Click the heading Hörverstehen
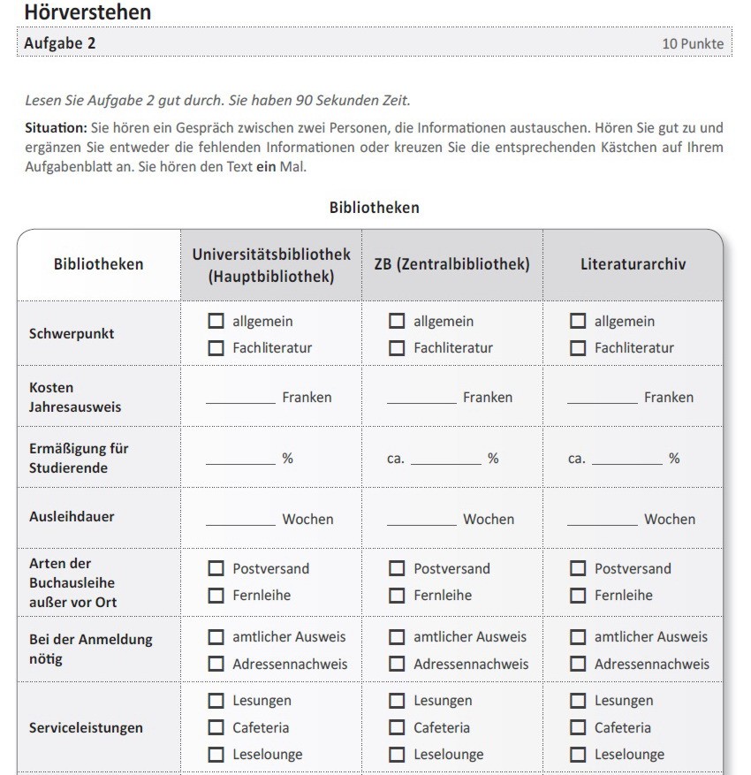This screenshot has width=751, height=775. [87, 12]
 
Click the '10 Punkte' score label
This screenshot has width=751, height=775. [693, 43]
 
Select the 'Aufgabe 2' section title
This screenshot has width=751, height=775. [60, 43]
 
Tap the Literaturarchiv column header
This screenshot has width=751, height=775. [633, 264]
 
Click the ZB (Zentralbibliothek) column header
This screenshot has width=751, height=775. [451, 264]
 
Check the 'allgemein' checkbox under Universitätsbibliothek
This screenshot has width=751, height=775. [216, 322]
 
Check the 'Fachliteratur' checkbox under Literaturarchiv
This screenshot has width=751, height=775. [578, 348]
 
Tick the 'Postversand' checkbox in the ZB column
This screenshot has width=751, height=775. [397, 569]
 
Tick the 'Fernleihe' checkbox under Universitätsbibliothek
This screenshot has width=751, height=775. [216, 596]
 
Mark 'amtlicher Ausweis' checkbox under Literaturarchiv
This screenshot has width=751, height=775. [578, 637]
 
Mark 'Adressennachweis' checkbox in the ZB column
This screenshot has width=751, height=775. [397, 664]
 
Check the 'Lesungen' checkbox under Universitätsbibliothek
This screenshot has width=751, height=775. [216, 701]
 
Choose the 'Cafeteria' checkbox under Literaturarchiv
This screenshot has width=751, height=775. [578, 728]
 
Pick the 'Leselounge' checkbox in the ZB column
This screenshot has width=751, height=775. [397, 755]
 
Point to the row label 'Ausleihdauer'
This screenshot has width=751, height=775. [72, 516]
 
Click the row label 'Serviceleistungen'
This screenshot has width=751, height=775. [86, 728]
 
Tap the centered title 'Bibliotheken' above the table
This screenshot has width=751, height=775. [374, 208]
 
